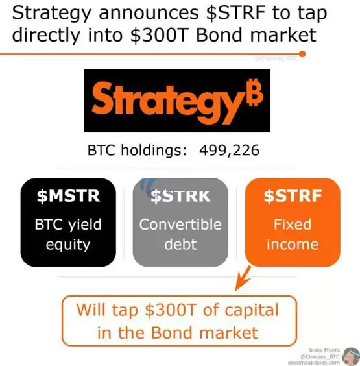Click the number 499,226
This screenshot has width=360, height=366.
tap(223, 152)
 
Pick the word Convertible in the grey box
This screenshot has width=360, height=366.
tap(180, 225)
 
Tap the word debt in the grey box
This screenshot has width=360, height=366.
tap(180, 246)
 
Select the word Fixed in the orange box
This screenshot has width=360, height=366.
tap(291, 225)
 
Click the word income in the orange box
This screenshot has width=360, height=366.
tap(291, 246)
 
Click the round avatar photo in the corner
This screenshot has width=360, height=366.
tap(350, 356)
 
